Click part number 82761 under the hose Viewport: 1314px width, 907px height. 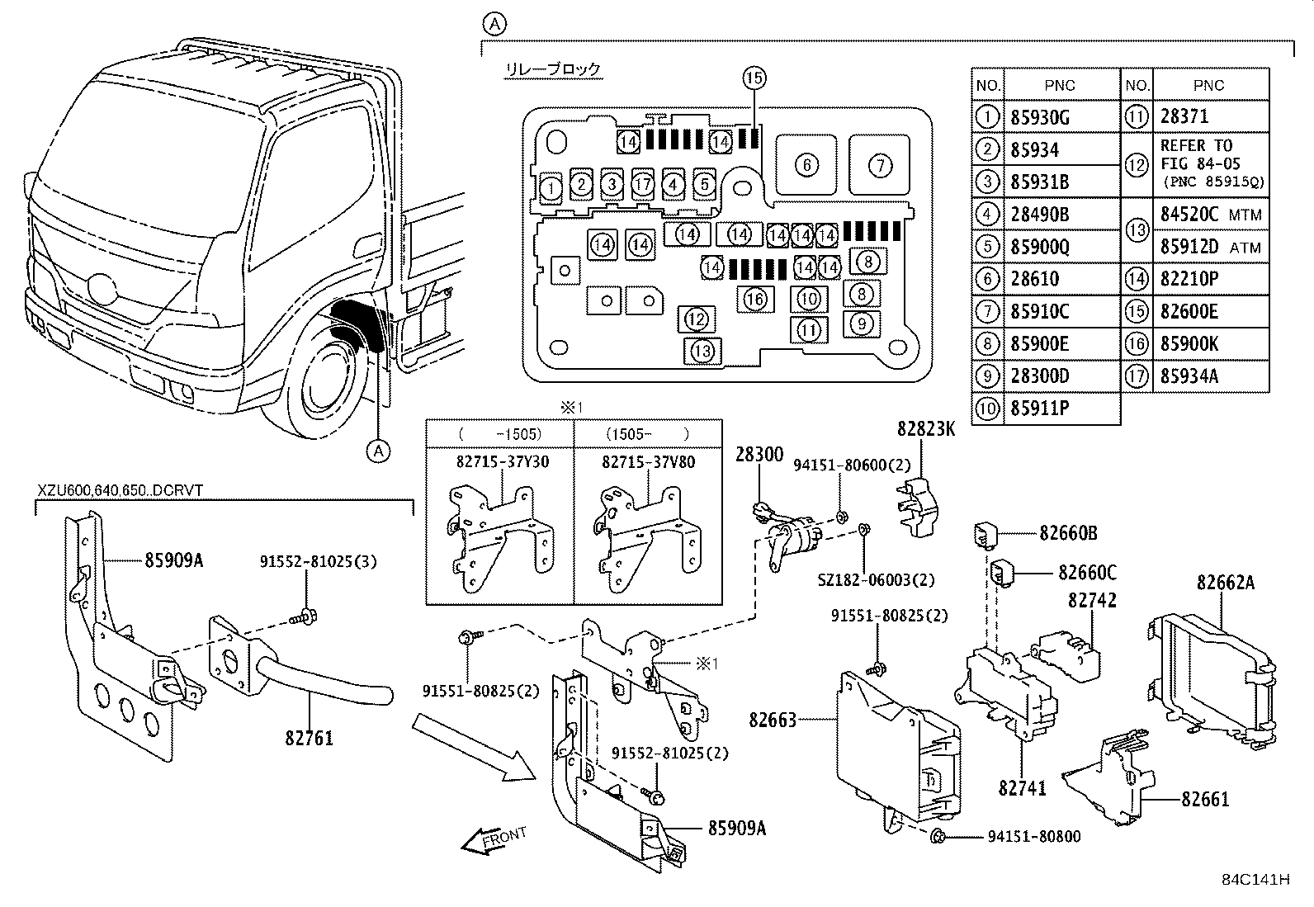click(x=310, y=737)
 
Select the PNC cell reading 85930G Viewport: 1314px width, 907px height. click(x=1040, y=117)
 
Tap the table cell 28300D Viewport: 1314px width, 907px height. click(x=1040, y=376)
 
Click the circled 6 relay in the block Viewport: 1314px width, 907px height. click(x=806, y=165)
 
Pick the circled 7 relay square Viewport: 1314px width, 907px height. click(x=880, y=165)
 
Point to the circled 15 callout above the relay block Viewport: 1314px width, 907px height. click(x=754, y=78)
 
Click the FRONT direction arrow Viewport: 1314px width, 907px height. click(x=494, y=839)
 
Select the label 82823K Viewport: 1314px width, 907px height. click(x=927, y=429)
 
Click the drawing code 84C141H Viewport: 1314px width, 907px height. click(x=1255, y=879)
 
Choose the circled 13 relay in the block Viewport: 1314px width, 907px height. click(x=702, y=352)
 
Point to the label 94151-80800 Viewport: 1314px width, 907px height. click(x=1033, y=837)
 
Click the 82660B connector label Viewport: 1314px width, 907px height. click(x=1068, y=533)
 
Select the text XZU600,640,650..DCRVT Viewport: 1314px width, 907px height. click(x=120, y=490)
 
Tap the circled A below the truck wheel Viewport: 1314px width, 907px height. click(x=378, y=451)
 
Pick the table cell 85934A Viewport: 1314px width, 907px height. click(x=1189, y=376)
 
